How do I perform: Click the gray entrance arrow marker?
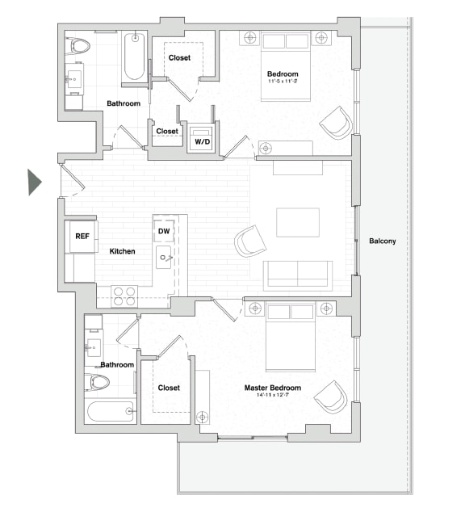34,182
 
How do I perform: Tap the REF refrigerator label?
82,237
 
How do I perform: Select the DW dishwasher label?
163,232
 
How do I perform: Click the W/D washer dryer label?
200,143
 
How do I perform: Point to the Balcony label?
382,241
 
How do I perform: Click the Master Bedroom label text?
272,388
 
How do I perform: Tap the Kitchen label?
122,251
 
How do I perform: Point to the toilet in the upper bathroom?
80,46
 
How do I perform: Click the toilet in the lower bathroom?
98,383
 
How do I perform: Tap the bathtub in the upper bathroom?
134,57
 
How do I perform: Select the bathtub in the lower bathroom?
110,412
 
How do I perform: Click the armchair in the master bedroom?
331,396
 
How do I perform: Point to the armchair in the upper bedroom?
336,123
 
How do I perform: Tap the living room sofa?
298,275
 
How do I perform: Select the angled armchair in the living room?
249,240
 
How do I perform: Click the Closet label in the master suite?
169,388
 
